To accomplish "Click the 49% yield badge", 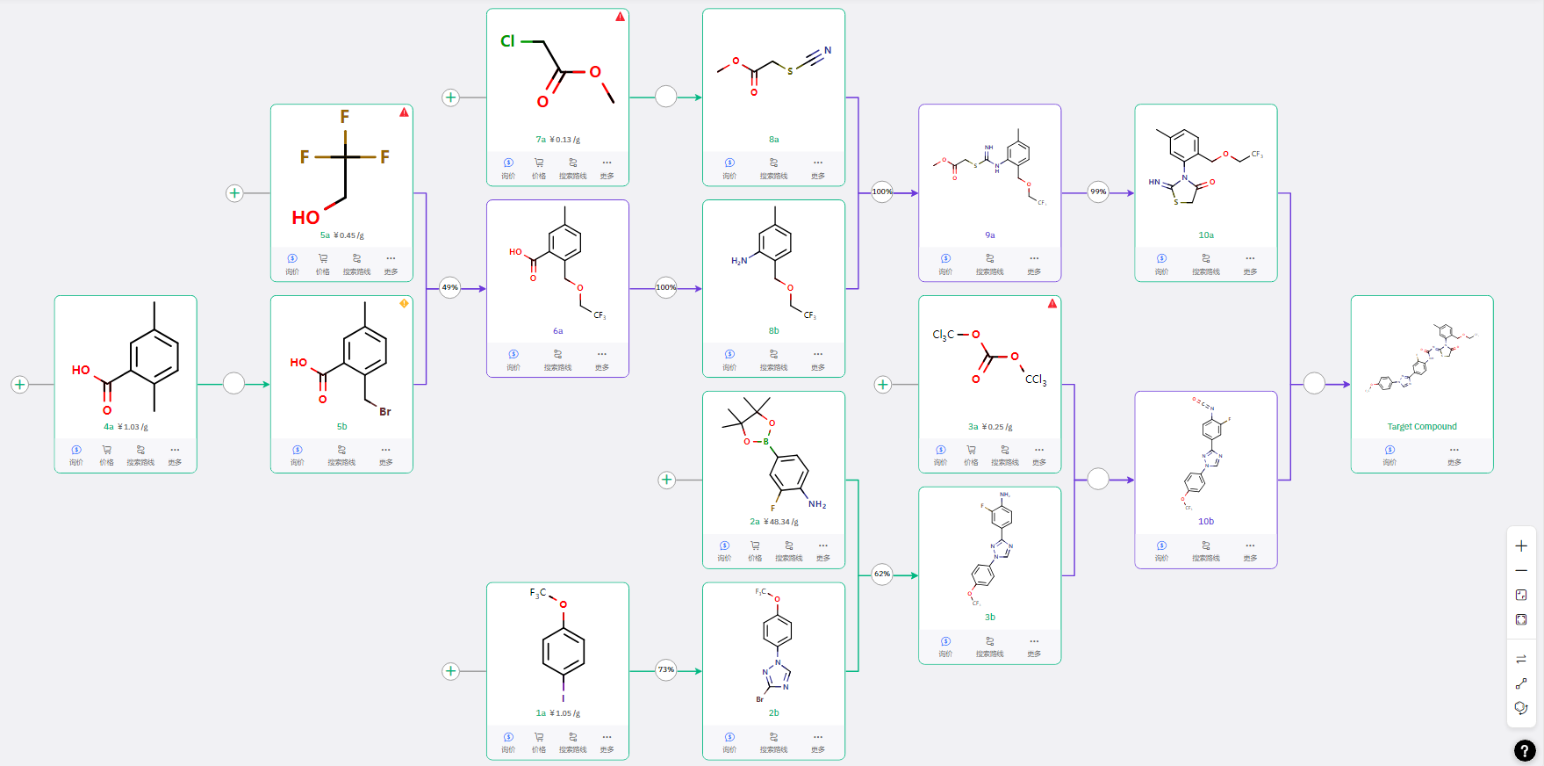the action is point(449,287).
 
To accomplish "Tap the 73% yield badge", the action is point(666,669).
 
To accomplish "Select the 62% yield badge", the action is point(882,574).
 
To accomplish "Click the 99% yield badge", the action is point(1098,191).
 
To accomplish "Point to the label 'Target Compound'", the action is point(1421,427).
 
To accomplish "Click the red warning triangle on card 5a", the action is point(404,112).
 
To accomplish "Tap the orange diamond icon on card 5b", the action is point(404,303).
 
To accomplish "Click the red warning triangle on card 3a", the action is point(1052,304).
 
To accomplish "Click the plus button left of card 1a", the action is point(450,671).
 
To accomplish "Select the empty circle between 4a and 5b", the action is point(233,384).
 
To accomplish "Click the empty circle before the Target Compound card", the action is point(1314,384).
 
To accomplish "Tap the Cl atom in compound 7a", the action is point(507,41).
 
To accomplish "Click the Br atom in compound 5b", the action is point(384,411).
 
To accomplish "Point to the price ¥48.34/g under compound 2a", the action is point(781,522).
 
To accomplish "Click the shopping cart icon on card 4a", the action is point(106,450).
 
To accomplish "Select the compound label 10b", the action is point(1206,522).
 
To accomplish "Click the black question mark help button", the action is point(1525,750).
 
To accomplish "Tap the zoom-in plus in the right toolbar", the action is point(1521,546).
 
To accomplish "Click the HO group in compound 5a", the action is point(305,217).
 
